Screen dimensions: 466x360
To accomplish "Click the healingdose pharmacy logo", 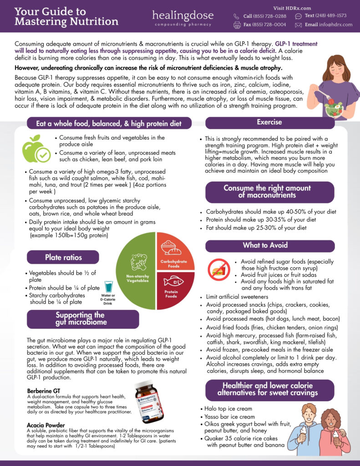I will (183, 18).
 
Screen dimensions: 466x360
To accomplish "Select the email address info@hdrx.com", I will (329, 25).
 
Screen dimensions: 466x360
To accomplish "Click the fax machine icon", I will (237, 25).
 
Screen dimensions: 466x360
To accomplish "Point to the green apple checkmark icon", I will (36, 149).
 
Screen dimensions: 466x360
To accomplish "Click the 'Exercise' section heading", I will (269, 122).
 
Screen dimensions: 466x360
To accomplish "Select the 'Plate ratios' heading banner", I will (63, 257).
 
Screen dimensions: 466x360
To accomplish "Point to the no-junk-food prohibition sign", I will (218, 269).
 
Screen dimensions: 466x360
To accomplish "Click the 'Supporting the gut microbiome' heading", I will (83, 319).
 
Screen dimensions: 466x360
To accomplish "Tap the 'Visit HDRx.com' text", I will (292, 8).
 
